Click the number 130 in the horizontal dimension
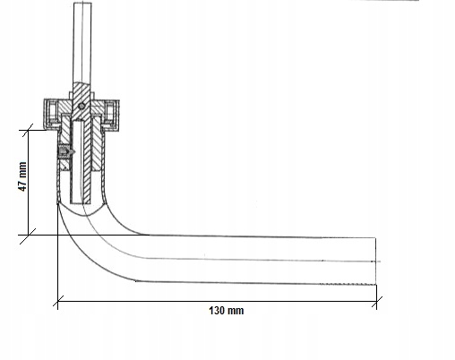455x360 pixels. (x=217, y=311)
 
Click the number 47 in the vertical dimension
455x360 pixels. (x=22, y=184)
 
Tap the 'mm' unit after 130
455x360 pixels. (x=236, y=311)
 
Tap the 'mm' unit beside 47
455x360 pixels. (x=22, y=169)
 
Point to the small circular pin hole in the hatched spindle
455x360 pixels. (x=82, y=106)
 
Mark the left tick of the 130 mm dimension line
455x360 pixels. (x=58, y=301)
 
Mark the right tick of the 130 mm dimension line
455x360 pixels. (x=377, y=302)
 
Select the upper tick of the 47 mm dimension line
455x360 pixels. (x=28, y=130)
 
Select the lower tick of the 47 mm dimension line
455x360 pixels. (x=28, y=236)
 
